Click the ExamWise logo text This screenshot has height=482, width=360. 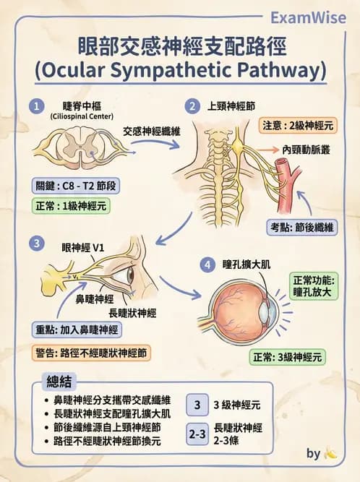coord(308,17)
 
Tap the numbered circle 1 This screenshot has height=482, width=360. coord(37,107)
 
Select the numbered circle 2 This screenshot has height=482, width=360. coord(192,106)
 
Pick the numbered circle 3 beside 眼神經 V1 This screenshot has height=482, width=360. coord(37,244)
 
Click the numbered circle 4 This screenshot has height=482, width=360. coord(207,264)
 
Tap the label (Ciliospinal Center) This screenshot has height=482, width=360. coord(82,116)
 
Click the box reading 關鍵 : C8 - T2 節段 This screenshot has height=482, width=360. coord(76,186)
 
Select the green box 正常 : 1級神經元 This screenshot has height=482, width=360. coord(71,206)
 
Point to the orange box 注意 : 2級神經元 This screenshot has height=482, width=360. coord(298,126)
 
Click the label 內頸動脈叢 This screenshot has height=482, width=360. coord(307,150)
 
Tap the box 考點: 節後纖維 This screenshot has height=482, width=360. coord(302,228)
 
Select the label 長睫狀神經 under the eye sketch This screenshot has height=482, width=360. coord(132,313)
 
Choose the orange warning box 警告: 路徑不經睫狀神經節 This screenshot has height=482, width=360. coord(91,353)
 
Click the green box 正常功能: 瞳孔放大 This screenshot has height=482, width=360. coord(314,286)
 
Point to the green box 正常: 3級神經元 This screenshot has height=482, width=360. coord(287,357)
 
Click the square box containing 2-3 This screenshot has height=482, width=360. coord(197,434)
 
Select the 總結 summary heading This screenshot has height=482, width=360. coord(59,382)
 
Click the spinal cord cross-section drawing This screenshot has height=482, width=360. coord(80,147)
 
